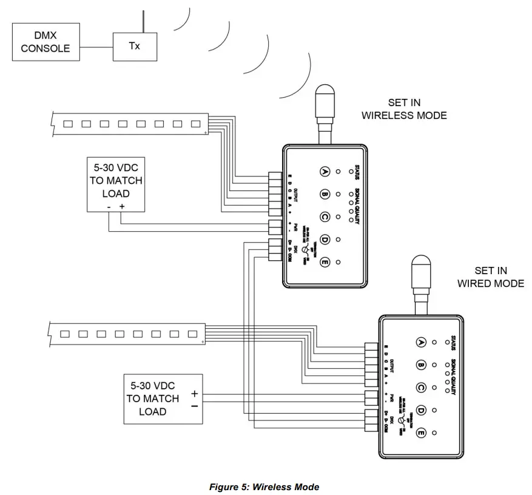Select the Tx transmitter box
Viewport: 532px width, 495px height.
tap(134, 46)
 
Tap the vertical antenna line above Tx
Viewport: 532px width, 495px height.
tap(143, 21)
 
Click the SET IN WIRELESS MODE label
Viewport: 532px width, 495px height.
tap(404, 109)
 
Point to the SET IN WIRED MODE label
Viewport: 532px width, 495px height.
tap(490, 277)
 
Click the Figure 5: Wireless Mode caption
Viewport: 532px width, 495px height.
tap(264, 487)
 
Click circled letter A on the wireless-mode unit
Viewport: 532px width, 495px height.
tap(325, 172)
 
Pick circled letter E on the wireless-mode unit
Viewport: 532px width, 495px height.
tap(325, 262)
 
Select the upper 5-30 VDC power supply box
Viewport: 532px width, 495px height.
tap(115, 184)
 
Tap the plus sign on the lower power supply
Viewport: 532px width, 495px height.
tap(194, 393)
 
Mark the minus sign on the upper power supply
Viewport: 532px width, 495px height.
tap(109, 206)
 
